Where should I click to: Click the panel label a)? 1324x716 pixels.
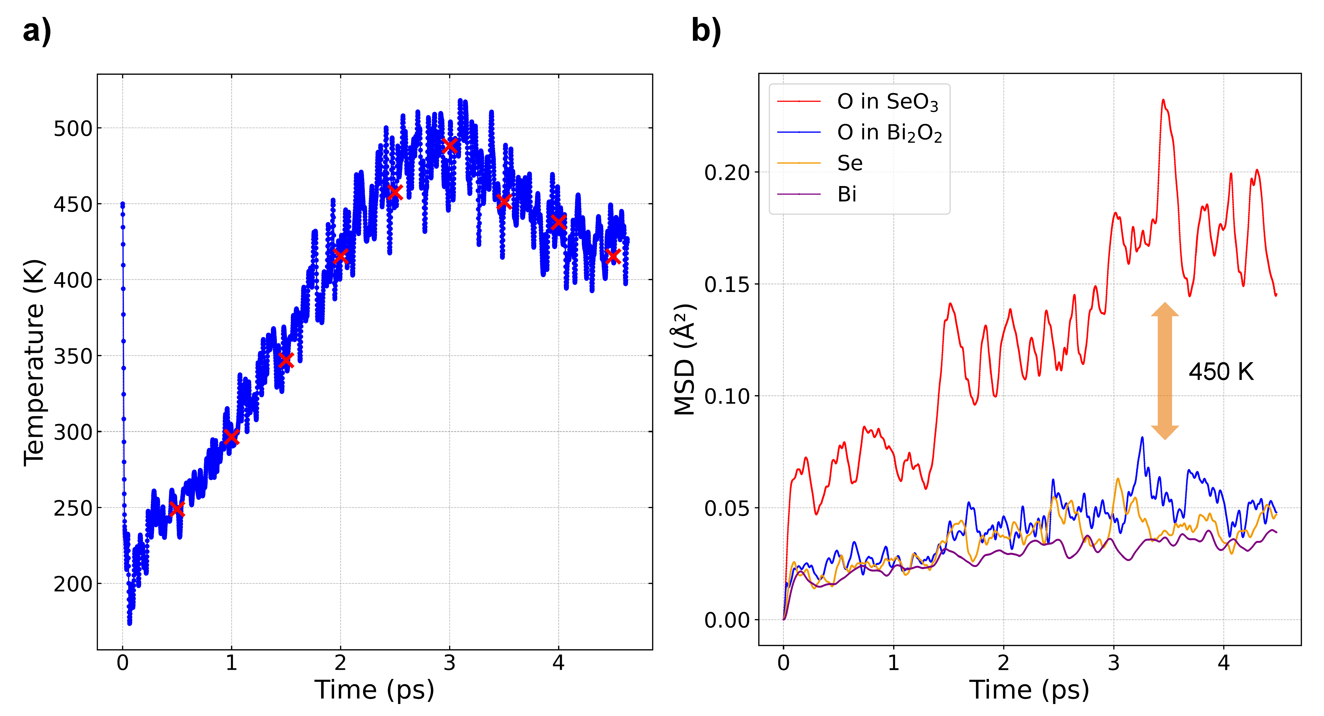pyautogui.click(x=37, y=31)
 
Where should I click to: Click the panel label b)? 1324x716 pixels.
pyautogui.click(x=706, y=31)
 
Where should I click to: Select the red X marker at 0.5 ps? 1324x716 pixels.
pyautogui.click(x=177, y=509)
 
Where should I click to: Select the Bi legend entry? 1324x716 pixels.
pyautogui.click(x=846, y=194)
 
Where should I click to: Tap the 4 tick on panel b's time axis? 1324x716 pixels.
pyautogui.click(x=1224, y=663)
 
